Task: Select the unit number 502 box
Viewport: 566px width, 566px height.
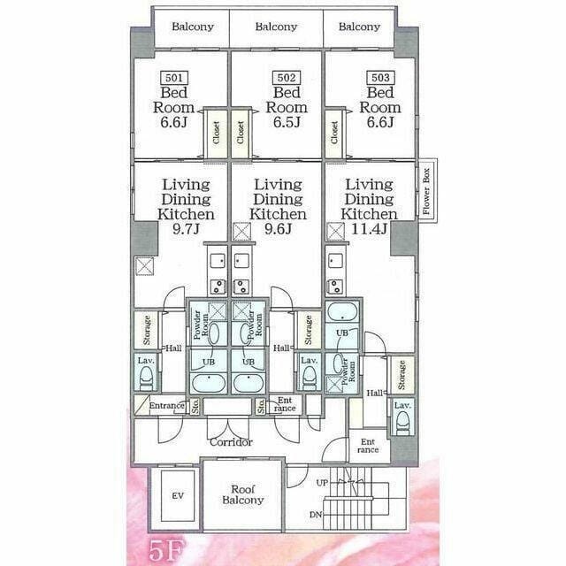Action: point(285,78)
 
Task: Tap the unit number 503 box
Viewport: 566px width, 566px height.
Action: point(379,78)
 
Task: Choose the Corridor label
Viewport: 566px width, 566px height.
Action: point(231,441)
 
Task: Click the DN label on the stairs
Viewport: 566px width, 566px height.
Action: point(316,515)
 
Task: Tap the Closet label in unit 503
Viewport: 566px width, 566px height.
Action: point(335,134)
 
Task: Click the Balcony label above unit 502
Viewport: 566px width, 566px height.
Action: point(276,27)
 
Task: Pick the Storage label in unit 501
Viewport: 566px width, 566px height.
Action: point(145,331)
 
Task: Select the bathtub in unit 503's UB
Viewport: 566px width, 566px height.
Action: point(340,312)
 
